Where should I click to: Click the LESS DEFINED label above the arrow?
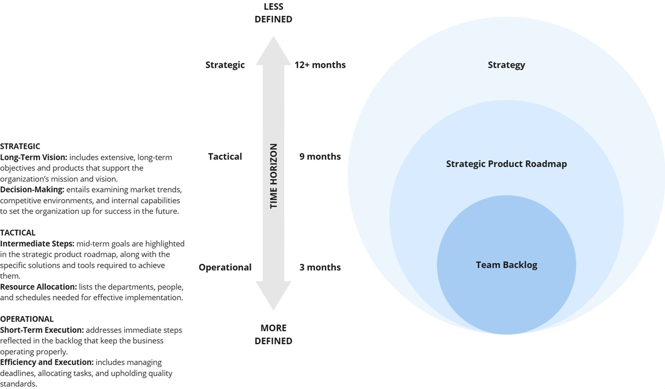point(273,13)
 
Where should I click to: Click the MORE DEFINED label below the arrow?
point(273,334)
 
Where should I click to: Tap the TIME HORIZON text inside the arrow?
point(274,176)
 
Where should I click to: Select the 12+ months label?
point(320,65)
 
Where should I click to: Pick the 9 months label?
point(320,156)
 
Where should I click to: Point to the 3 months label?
point(320,267)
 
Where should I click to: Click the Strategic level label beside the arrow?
point(225,65)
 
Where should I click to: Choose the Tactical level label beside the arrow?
point(225,156)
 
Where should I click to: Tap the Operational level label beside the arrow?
point(225,267)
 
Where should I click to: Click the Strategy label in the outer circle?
point(506,65)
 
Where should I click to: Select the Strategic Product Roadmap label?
point(506,164)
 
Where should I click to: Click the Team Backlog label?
point(506,265)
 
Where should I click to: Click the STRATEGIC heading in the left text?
point(20,146)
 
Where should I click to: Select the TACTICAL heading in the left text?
point(18,233)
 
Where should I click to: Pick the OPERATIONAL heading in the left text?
point(26,319)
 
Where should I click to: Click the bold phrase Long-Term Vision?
point(34,157)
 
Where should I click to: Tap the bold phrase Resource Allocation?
point(38,287)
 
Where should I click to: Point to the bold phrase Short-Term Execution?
point(42,330)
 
